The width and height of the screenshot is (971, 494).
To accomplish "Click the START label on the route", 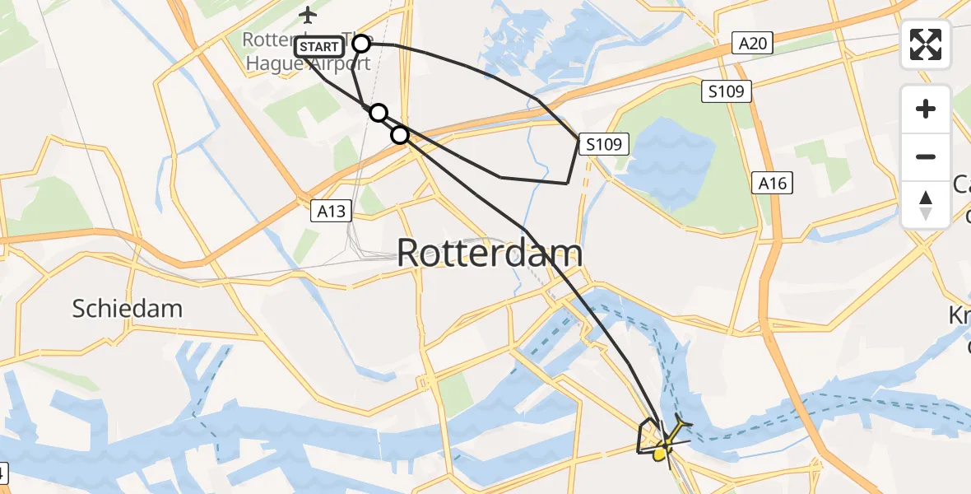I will (x=318, y=47).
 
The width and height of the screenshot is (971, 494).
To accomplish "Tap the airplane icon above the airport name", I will (x=308, y=15).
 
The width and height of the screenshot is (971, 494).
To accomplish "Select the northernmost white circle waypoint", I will (x=361, y=43).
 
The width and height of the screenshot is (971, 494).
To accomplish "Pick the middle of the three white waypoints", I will (x=378, y=113).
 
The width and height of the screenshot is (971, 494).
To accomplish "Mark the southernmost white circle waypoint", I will (x=399, y=134).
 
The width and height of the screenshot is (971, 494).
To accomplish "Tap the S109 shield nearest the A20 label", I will (x=727, y=91).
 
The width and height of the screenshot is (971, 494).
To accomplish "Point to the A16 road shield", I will (x=773, y=184).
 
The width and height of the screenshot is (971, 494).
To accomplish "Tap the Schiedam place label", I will (x=127, y=309).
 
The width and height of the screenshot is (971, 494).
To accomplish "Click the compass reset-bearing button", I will (x=926, y=205).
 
